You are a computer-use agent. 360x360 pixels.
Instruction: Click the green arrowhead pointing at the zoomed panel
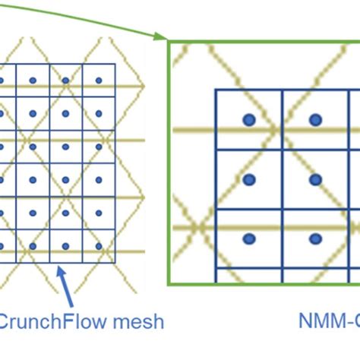point(161,36)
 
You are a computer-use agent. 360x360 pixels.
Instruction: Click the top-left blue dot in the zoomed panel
point(248,119)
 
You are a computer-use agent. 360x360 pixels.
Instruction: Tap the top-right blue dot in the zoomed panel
point(314,119)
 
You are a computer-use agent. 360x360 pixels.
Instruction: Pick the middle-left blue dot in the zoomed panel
point(248,179)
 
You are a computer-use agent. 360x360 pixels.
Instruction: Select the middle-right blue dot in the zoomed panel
point(314,179)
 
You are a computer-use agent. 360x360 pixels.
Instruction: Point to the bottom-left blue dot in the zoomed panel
point(248,238)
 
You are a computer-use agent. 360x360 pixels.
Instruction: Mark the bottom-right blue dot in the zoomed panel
point(314,238)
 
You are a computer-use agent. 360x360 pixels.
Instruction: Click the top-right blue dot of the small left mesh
point(98,80)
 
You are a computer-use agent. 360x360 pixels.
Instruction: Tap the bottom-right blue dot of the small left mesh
point(98,246)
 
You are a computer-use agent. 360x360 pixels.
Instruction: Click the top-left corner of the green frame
point(169,41)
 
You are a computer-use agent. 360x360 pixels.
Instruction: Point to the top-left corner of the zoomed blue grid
point(216,90)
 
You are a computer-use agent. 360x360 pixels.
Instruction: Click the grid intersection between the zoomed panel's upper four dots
point(283,149)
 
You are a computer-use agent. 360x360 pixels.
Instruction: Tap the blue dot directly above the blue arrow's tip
point(65,246)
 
